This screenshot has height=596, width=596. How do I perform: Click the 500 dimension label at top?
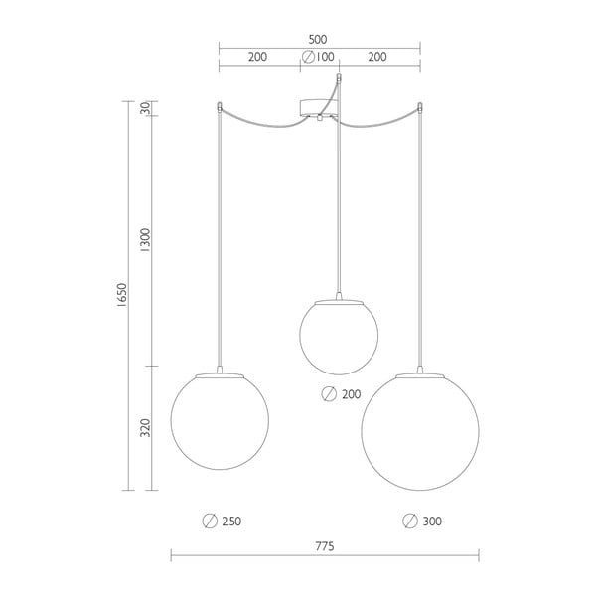[318, 39]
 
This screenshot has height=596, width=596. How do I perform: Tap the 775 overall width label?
[325, 546]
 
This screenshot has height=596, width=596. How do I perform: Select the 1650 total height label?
[121, 295]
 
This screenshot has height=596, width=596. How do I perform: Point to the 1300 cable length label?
[146, 240]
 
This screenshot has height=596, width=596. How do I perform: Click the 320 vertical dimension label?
[146, 428]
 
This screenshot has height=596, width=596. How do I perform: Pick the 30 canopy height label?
[146, 108]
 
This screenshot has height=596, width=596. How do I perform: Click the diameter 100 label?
[318, 57]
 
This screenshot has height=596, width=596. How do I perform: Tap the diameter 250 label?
[222, 521]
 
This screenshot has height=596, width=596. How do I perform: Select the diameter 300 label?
[422, 521]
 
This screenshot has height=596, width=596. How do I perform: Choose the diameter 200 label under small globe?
[341, 394]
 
